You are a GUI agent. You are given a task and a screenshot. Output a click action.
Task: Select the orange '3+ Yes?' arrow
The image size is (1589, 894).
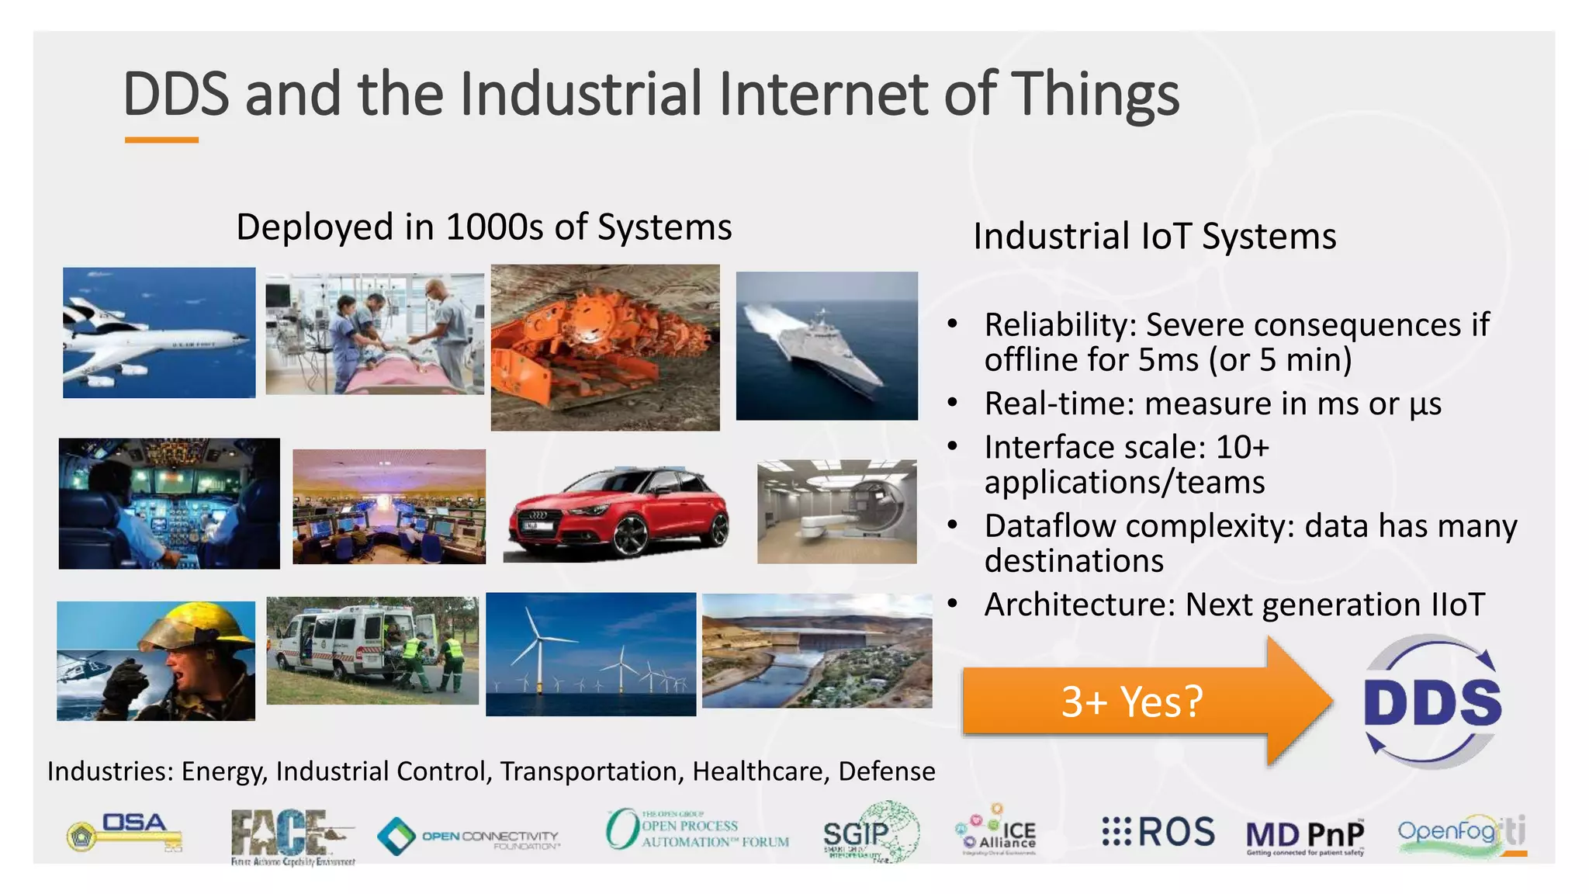[1133, 701]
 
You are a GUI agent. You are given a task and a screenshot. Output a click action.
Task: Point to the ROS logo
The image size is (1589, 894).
[1159, 832]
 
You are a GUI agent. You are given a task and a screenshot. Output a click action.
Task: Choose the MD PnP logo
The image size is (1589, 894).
[1305, 836]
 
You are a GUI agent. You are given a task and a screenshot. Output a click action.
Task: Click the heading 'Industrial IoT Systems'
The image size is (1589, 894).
[1154, 236]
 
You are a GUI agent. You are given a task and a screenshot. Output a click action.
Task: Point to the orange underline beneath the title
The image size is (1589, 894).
[161, 140]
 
